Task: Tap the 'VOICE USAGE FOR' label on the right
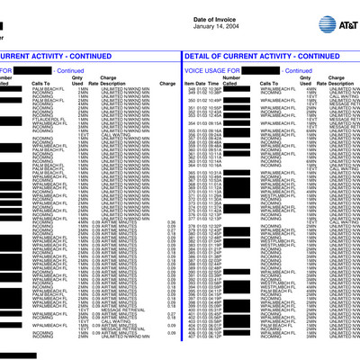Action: (x=208, y=69)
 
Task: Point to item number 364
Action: (x=192, y=165)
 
